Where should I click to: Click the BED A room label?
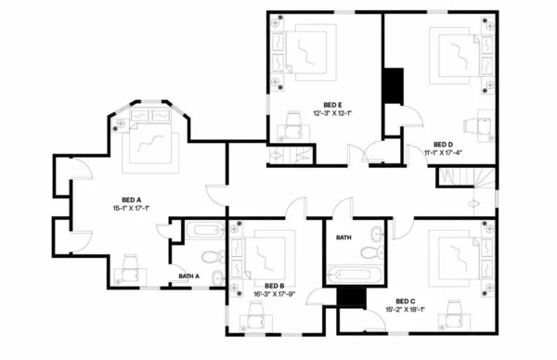click(131, 199)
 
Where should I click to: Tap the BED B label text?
click(274, 286)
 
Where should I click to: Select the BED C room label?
click(406, 301)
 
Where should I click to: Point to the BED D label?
click(443, 145)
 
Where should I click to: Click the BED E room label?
click(333, 105)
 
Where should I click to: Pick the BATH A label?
click(190, 276)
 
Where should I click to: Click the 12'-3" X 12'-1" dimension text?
click(333, 113)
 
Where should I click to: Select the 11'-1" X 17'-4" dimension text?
click(444, 153)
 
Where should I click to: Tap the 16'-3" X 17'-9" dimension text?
click(274, 295)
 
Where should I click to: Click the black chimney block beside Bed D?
click(394, 86)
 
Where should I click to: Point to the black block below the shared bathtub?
click(351, 297)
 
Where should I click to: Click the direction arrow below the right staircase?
click(473, 201)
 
